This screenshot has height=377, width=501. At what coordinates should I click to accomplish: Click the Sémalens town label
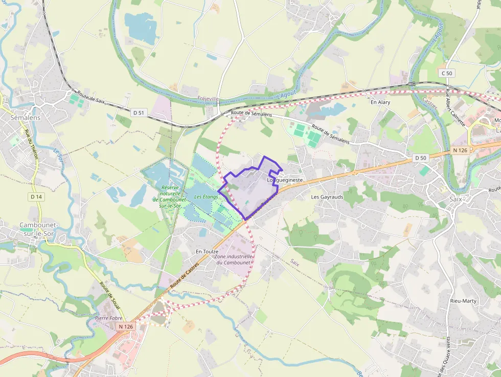[25, 118]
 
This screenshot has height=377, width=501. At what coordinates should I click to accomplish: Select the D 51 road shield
[139, 113]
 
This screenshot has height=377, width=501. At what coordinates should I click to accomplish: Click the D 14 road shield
[36, 196]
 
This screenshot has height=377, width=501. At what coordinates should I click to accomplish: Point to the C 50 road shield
[447, 73]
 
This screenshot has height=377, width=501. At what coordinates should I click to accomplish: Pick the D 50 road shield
[420, 158]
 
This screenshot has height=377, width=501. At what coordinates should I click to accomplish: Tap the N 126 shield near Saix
[460, 150]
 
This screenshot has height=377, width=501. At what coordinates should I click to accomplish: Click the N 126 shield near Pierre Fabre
[126, 326]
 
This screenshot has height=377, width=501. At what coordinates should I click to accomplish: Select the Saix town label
[455, 198]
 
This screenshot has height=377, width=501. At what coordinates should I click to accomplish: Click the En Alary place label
[380, 102]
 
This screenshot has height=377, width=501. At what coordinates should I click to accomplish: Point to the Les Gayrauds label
[327, 196]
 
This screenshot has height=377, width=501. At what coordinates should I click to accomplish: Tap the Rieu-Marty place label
[463, 301]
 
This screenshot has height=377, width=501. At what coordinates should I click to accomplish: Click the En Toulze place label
[207, 252]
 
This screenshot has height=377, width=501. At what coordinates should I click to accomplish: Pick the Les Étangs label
[206, 197]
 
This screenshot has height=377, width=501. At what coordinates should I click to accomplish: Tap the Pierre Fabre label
[108, 318]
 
